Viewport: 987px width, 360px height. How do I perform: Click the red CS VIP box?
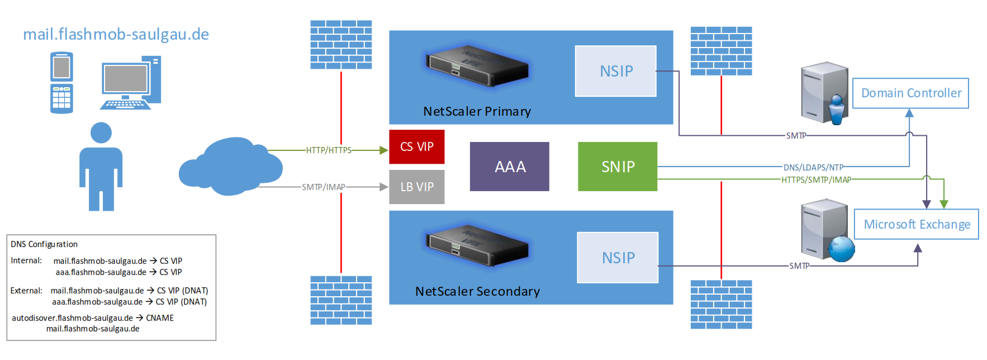point(416,146)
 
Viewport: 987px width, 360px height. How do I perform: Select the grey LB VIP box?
point(416,187)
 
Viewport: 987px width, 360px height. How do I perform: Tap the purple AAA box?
point(509,167)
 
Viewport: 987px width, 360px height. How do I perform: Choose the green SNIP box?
point(617,167)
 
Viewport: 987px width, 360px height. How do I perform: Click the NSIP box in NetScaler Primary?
point(615,71)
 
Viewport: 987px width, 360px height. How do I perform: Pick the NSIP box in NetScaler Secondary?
point(618,258)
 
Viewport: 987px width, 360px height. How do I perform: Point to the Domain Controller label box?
point(910,93)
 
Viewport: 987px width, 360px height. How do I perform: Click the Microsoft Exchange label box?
point(916,224)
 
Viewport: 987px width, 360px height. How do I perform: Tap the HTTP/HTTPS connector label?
point(329,150)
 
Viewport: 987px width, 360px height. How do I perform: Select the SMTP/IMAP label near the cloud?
point(323,187)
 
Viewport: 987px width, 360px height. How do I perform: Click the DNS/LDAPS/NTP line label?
point(813,167)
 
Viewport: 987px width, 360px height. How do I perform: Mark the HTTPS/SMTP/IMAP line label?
point(816,180)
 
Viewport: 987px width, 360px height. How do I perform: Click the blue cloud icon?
point(230,167)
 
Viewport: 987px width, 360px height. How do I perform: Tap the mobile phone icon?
point(61,83)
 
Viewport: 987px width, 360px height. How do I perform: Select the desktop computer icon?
point(131,83)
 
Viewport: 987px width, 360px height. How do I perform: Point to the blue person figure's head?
point(101,132)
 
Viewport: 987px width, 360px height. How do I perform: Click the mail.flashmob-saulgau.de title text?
point(116,34)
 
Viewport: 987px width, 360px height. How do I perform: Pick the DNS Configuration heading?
point(44,244)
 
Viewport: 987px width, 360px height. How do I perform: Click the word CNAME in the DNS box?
point(160,318)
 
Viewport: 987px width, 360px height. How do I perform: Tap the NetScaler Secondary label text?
point(477,291)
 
